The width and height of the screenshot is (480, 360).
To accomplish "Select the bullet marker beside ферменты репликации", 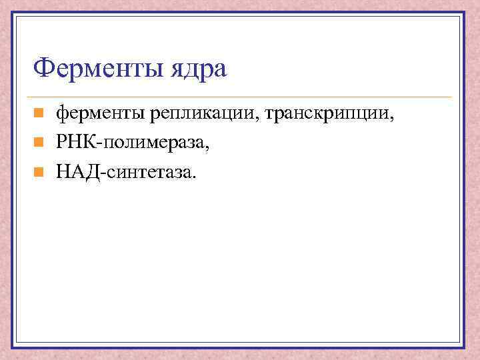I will [39, 115].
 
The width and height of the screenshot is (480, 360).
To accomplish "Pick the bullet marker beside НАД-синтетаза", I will [39, 173].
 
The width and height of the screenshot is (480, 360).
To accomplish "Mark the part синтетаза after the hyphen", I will [147, 173].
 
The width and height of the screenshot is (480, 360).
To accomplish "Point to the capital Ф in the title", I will [43, 67].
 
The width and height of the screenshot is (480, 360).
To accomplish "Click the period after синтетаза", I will [195, 177].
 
